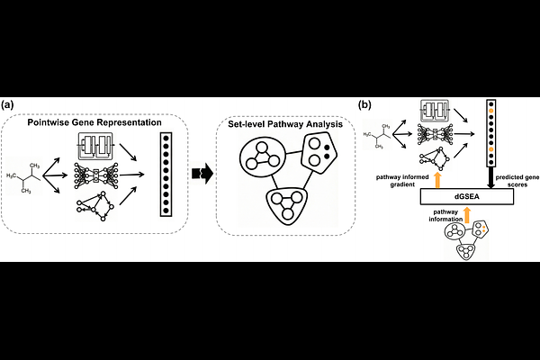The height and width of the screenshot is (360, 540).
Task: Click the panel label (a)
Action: pyautogui.click(x=9, y=105)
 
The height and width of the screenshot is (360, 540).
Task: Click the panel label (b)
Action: pyautogui.click(x=365, y=105)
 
